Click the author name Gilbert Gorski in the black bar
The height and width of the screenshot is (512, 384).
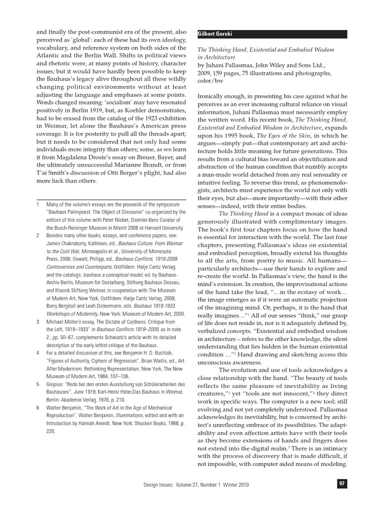pos(215,34)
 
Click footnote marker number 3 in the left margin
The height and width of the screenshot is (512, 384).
pos(38,322)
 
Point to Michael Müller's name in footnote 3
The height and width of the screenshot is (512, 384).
pos(62,322)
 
